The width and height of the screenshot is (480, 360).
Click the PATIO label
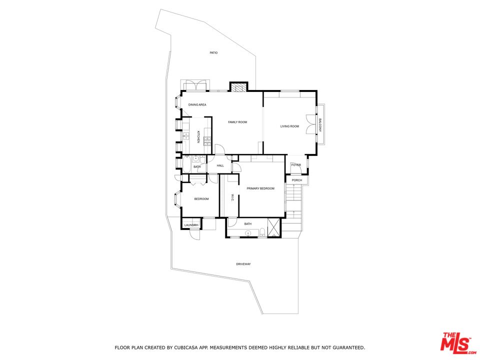(213, 53)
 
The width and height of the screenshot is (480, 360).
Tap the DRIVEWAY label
(243, 264)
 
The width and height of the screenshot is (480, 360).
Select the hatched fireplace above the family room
(238, 88)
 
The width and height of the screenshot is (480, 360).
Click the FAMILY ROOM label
(237, 122)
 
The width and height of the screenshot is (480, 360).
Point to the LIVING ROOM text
(289, 126)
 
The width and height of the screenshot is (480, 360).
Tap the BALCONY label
(320, 125)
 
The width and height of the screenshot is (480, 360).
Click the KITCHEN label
(198, 137)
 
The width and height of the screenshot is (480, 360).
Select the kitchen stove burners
(207, 141)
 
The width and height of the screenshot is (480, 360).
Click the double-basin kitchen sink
(186, 136)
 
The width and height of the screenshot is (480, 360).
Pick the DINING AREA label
(197, 104)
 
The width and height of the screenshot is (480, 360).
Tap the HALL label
(220, 165)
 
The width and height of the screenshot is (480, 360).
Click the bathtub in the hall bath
(186, 164)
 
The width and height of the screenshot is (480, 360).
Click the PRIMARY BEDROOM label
(260, 188)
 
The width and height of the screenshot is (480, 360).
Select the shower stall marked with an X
(273, 227)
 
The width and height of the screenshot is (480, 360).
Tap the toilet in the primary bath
(262, 232)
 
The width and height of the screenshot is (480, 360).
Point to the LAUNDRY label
(191, 225)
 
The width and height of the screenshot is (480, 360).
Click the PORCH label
(296, 180)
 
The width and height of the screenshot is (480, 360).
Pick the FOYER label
(296, 165)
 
